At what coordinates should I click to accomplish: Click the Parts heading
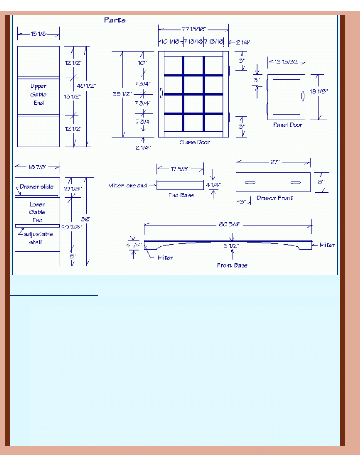(115, 20)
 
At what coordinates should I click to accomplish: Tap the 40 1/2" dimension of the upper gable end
(86, 86)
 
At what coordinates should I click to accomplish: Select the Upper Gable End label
(38, 94)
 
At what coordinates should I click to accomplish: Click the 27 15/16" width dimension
(194, 29)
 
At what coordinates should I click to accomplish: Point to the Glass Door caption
(195, 142)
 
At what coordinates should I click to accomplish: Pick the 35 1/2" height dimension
(122, 94)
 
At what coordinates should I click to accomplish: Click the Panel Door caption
(288, 125)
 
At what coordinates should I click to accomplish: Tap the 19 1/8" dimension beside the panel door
(319, 91)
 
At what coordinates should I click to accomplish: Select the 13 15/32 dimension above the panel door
(286, 62)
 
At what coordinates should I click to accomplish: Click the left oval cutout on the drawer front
(250, 182)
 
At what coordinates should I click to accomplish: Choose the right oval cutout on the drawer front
(296, 182)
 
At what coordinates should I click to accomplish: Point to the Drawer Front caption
(275, 198)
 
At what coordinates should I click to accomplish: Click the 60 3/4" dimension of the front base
(229, 224)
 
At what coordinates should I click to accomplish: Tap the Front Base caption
(232, 265)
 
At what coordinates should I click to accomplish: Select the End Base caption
(181, 195)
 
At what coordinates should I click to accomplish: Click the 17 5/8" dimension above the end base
(180, 169)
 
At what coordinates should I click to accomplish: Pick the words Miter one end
(127, 186)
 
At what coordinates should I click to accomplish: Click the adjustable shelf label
(38, 238)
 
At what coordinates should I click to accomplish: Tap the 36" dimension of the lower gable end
(86, 219)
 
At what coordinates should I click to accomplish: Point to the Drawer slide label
(36, 187)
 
